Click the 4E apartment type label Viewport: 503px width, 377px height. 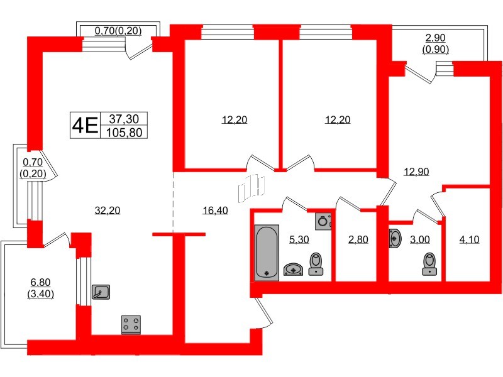pos(85,125)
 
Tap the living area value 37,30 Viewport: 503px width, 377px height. pos(128,118)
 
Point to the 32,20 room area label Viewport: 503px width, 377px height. pos(107,210)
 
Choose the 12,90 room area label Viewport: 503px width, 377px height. pos(416,172)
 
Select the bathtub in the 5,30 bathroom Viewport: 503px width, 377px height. pos(267,253)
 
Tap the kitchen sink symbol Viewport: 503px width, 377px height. pos(101,292)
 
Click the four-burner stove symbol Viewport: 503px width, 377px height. pos(131,324)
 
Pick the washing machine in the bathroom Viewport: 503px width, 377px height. pos(323,221)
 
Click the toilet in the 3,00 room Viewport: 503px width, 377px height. pos(430,264)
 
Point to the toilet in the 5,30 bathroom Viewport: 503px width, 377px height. pos(317,264)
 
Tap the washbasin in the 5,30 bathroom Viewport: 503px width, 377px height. pos(294,270)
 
